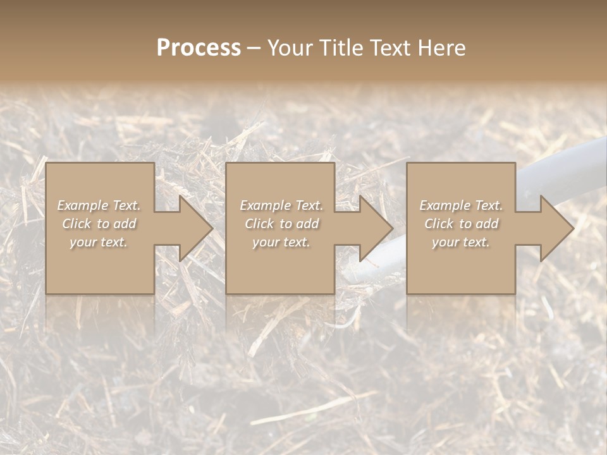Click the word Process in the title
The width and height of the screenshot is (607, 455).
(x=199, y=48)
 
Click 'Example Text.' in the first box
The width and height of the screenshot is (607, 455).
(x=99, y=205)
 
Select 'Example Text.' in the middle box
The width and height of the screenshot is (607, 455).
(x=281, y=205)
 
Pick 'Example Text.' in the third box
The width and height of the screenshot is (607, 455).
(x=461, y=205)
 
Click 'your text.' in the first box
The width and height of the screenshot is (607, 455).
(x=99, y=242)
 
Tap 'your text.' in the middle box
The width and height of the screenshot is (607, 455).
(x=281, y=242)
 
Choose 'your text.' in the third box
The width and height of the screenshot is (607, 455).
(x=461, y=242)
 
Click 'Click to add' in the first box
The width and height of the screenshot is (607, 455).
(x=99, y=224)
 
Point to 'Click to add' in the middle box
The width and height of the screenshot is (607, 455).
(x=281, y=224)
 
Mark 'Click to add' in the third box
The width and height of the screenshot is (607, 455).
(x=461, y=224)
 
